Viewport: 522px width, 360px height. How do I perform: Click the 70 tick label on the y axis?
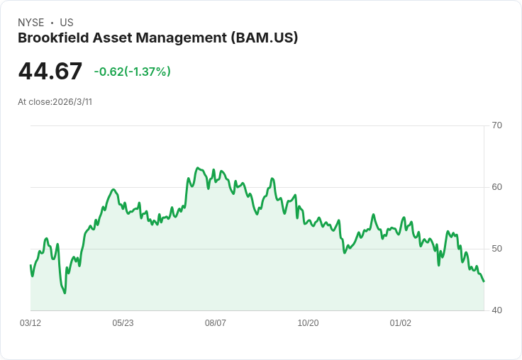496,125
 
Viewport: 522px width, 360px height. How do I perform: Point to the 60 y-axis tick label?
496,187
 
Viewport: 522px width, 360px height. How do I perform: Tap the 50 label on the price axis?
496,249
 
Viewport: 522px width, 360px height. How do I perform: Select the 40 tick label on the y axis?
496,310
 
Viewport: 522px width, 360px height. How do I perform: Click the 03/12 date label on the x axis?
30,322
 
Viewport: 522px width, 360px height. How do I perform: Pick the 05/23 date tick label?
123,322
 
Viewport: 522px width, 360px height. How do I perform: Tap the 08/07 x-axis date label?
216,322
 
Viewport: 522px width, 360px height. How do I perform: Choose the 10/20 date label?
308,322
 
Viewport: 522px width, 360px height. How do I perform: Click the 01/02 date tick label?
401,322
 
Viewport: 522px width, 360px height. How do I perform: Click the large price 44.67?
50,71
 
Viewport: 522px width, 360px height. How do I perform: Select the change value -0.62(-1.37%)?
132,72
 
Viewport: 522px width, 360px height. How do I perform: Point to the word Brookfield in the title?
54,38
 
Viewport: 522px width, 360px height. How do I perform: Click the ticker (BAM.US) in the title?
265,38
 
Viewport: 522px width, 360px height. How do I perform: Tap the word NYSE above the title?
31,23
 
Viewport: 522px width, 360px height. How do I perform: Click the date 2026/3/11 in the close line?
72,102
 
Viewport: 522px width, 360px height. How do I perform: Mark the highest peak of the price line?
197,168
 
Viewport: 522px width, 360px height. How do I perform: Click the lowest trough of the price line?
65,293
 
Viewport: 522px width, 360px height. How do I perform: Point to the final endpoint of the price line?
484,281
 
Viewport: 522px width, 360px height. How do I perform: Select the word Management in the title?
182,38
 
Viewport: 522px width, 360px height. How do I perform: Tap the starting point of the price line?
30,265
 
